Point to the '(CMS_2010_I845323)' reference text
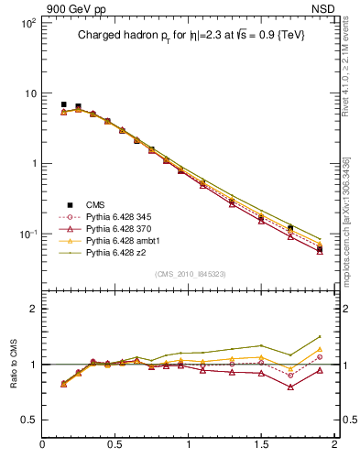190,274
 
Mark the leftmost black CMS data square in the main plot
63,104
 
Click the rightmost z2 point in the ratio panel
320,337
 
